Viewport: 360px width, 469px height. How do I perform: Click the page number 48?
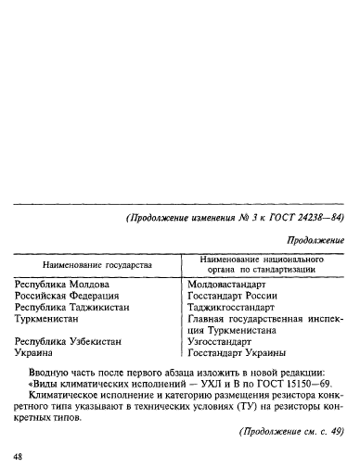(x=19, y=458)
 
